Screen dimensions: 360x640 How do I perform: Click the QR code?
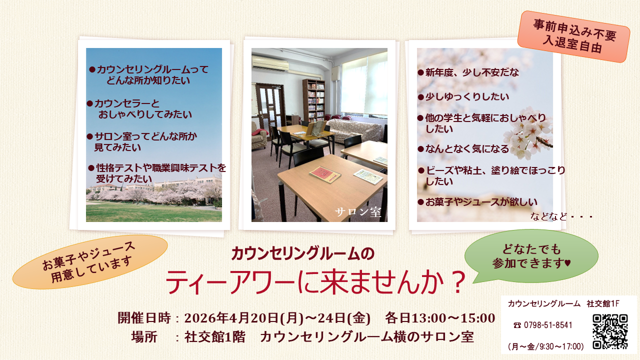(x=610, y=331)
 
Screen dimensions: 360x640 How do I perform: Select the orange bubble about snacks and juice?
(x=90, y=261)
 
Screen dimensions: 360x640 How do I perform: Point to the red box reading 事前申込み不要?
(x=573, y=36)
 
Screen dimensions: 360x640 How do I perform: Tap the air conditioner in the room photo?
(x=269, y=63)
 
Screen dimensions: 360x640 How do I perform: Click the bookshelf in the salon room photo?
(x=313, y=99)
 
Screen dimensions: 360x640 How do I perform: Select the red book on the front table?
(x=324, y=174)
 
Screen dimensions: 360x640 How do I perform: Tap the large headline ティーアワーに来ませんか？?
(x=315, y=283)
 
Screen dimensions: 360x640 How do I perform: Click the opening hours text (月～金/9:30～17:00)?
(x=545, y=346)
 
